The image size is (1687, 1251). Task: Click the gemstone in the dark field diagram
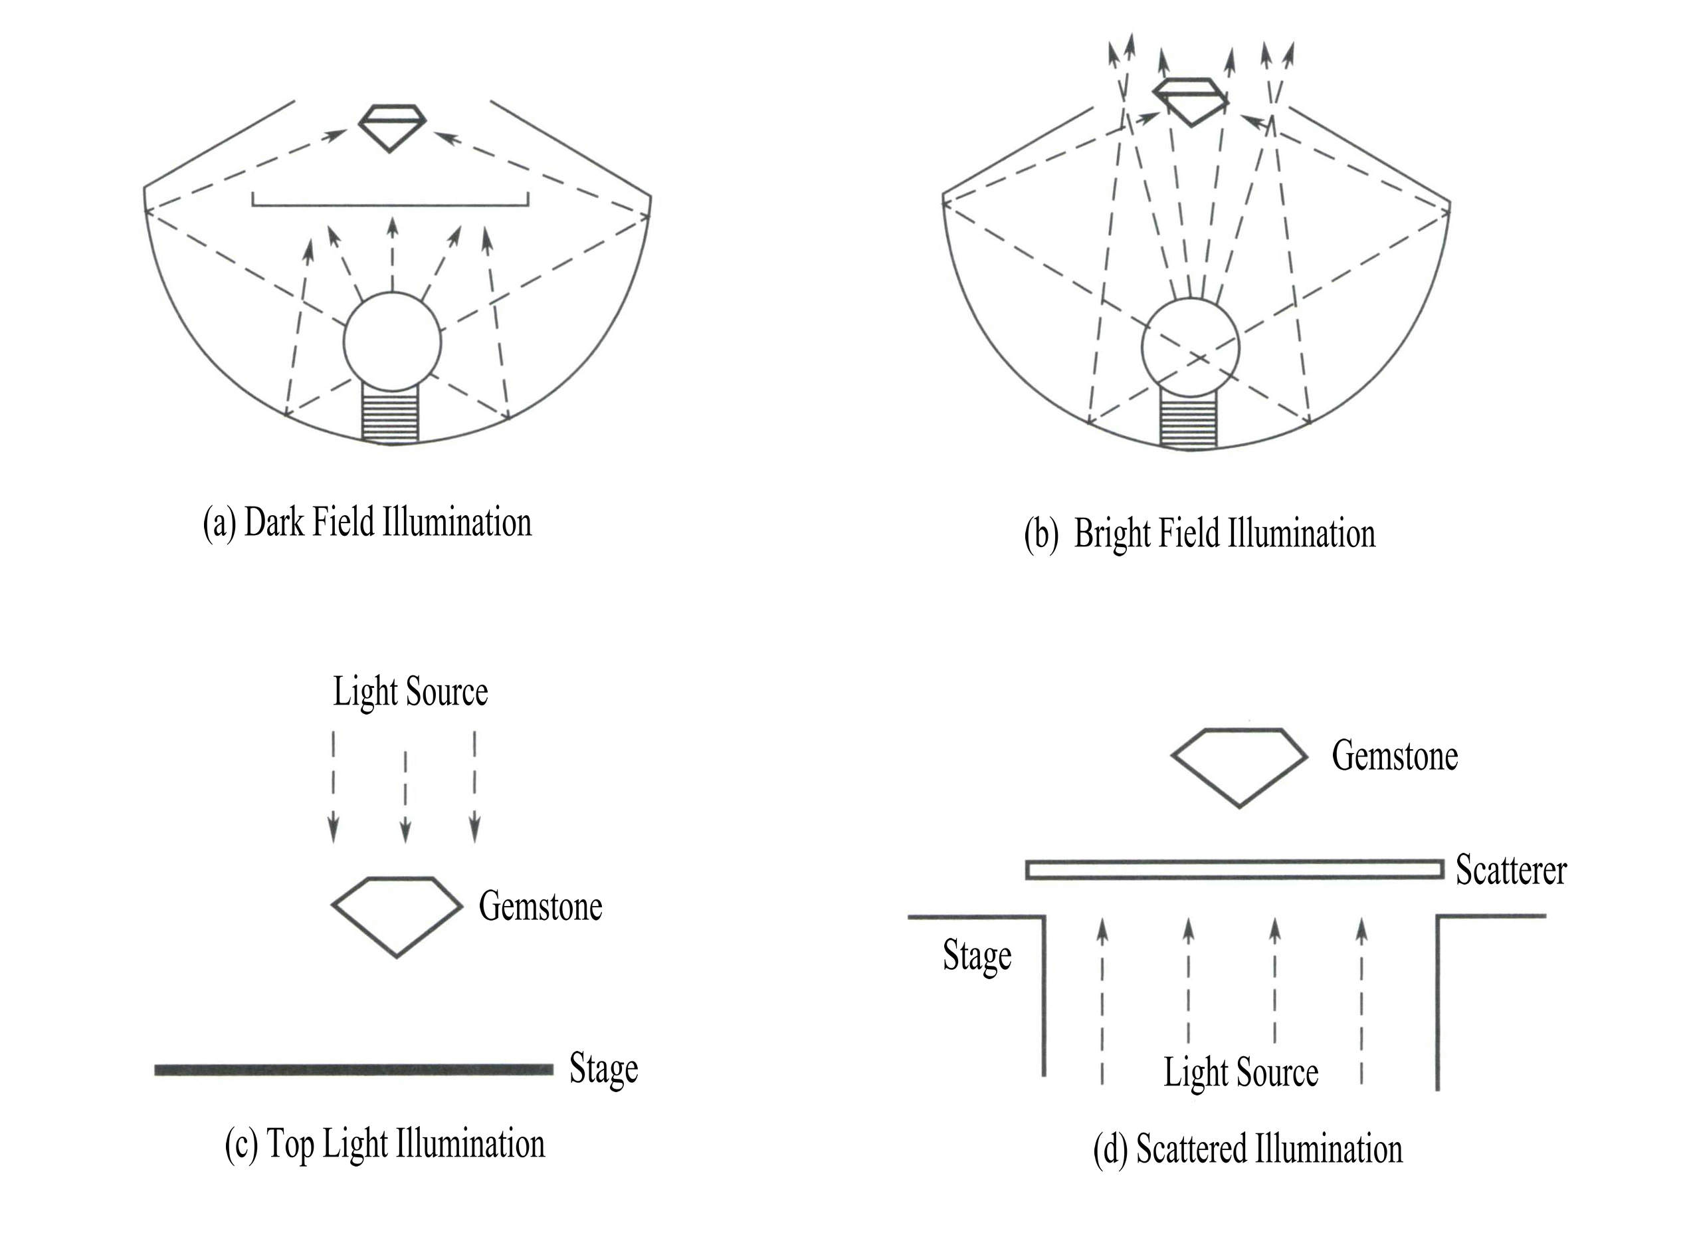tap(391, 126)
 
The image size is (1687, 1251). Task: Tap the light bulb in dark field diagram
tap(391, 342)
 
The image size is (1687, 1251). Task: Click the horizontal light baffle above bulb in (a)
tap(391, 203)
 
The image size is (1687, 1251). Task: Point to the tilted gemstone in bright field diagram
tap(1190, 99)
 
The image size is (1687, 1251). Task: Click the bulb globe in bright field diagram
tap(1190, 348)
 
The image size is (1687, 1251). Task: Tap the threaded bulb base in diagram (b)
tap(1188, 422)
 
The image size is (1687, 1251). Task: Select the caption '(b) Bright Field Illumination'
tap(1199, 534)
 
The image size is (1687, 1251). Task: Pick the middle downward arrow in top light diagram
tap(406, 796)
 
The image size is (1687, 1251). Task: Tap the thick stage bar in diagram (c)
tap(353, 1070)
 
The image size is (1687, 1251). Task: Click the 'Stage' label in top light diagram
tap(603, 1068)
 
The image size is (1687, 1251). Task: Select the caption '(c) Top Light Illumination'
tap(385, 1143)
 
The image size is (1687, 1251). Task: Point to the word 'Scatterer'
tap(1511, 870)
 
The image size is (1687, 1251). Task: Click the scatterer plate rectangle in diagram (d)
tap(1235, 869)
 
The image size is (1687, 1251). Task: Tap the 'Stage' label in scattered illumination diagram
tap(976, 956)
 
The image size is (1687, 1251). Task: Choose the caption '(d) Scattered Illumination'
tap(1248, 1149)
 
